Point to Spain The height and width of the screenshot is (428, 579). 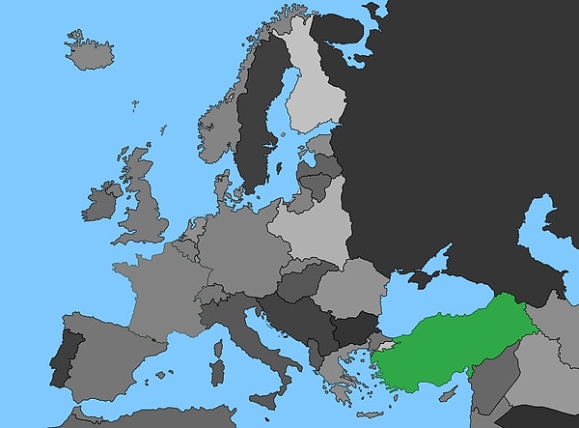[x=106, y=357]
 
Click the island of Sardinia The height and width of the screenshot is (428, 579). [x=218, y=372]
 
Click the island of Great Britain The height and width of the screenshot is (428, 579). [x=145, y=208]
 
